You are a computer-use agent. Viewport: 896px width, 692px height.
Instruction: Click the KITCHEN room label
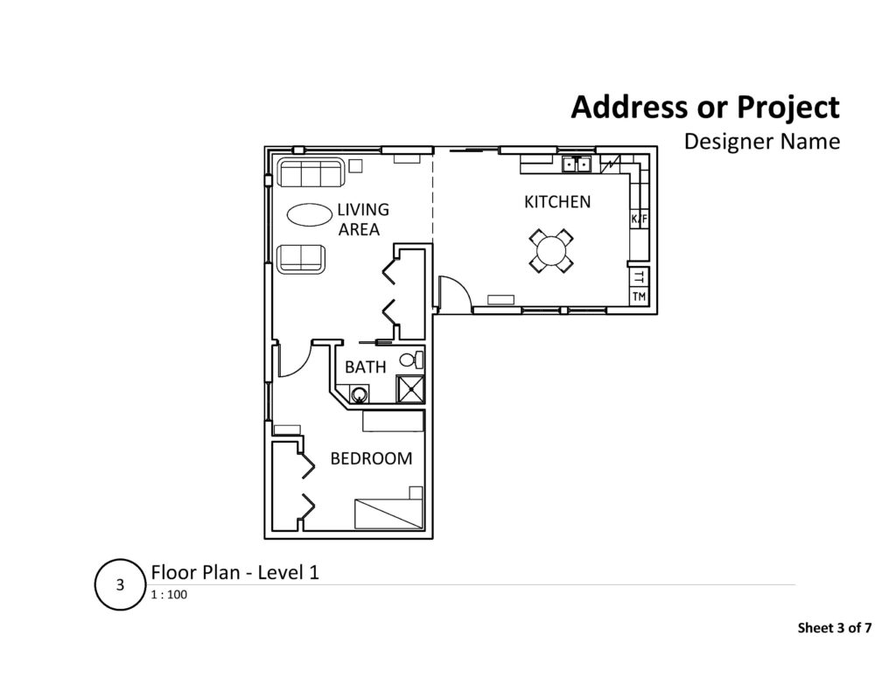point(557,202)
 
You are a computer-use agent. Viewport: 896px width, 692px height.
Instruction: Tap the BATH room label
point(365,367)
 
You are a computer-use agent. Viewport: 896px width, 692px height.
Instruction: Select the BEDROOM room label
point(370,458)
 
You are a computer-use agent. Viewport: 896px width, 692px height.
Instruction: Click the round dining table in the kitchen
point(551,251)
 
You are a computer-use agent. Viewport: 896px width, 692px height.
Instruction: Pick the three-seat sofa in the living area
point(310,172)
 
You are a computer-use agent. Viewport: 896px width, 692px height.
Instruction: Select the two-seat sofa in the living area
point(300,258)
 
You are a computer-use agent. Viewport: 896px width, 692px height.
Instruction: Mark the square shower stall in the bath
point(409,388)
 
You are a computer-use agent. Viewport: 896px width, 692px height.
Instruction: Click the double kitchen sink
point(577,164)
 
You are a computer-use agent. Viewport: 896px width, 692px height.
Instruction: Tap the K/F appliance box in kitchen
point(638,219)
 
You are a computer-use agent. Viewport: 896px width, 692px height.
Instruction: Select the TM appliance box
point(639,297)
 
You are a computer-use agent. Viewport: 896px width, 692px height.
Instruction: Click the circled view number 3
point(120,584)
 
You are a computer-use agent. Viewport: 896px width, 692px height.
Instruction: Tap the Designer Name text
point(761,141)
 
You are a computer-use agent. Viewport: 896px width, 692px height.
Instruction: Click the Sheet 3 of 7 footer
point(835,627)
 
